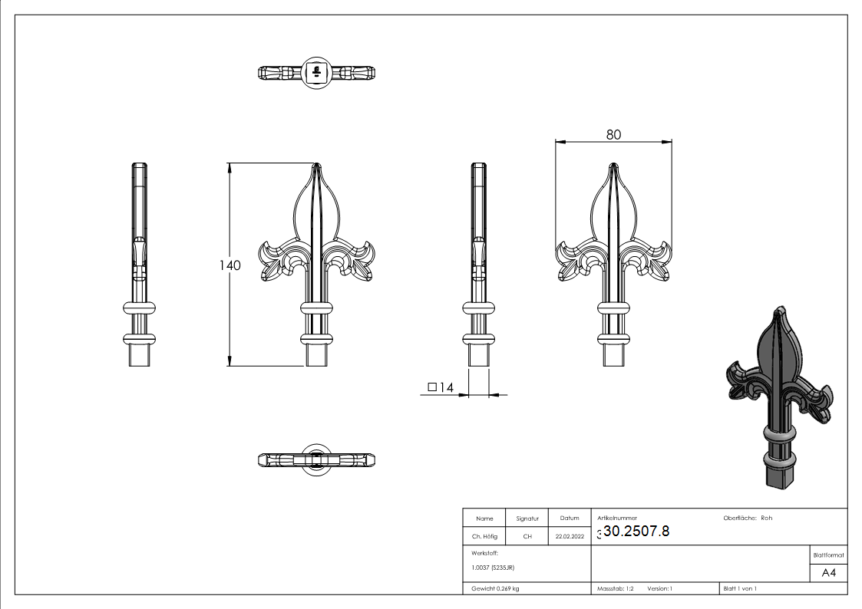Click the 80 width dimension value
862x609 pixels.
(613, 134)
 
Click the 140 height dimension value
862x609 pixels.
(230, 265)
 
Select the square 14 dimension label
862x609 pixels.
(441, 388)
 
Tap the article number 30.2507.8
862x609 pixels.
(636, 532)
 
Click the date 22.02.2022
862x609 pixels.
(570, 537)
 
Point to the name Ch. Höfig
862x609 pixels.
(484, 537)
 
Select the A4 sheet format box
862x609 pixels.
(828, 573)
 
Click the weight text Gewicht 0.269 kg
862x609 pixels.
(495, 588)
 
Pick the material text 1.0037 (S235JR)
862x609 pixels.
(493, 568)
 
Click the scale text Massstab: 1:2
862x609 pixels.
(616, 588)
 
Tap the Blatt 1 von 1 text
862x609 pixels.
(740, 588)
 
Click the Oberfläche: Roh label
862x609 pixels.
(748, 518)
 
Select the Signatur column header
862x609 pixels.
(527, 518)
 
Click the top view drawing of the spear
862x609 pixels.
(316, 73)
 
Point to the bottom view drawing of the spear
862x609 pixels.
(316, 459)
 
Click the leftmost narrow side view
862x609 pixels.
(140, 265)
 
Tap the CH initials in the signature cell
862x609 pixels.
(527, 537)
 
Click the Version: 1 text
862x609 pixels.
(659, 588)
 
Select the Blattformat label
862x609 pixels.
(828, 555)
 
